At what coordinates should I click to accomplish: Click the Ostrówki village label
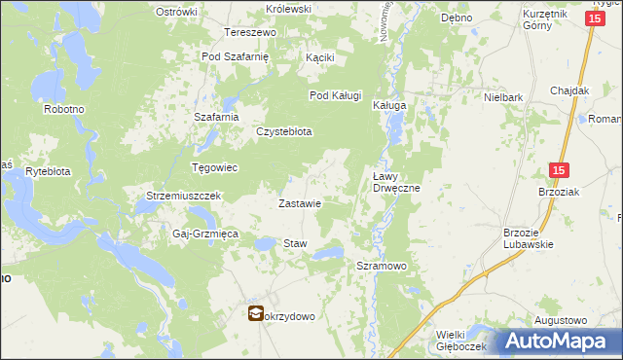click(176, 13)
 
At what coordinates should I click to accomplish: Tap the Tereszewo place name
click(251, 32)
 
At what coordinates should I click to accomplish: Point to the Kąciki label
click(319, 57)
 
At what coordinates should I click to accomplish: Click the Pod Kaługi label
click(336, 95)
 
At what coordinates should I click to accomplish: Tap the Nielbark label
click(504, 97)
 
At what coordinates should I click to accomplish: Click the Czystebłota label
click(283, 132)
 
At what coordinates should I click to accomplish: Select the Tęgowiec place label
click(215, 167)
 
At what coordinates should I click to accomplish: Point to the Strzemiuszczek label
click(185, 196)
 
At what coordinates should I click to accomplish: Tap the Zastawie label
click(300, 204)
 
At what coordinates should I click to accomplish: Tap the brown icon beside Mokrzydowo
click(255, 314)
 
